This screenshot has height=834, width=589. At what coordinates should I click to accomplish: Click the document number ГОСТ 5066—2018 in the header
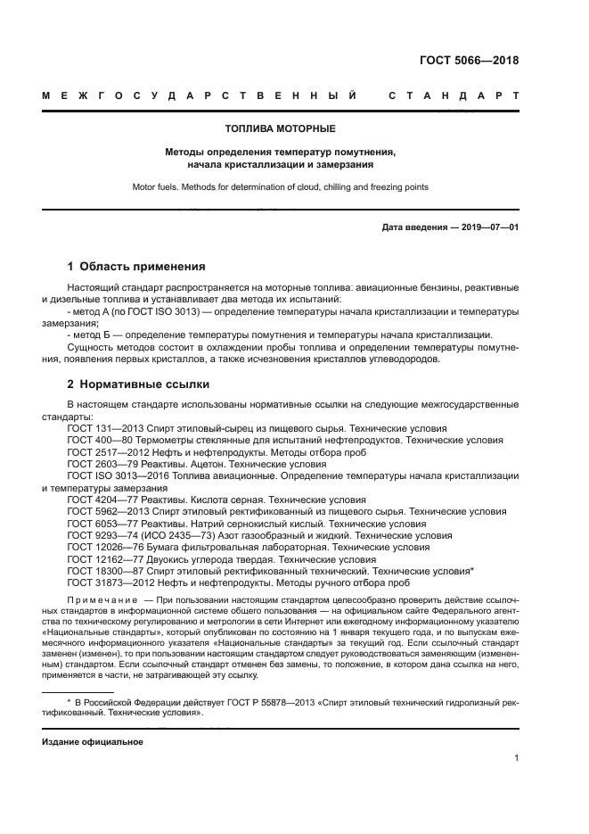(469, 62)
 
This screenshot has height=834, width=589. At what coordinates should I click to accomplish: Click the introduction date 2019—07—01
(490, 227)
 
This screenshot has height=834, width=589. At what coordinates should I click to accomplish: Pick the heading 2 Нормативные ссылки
(138, 384)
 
